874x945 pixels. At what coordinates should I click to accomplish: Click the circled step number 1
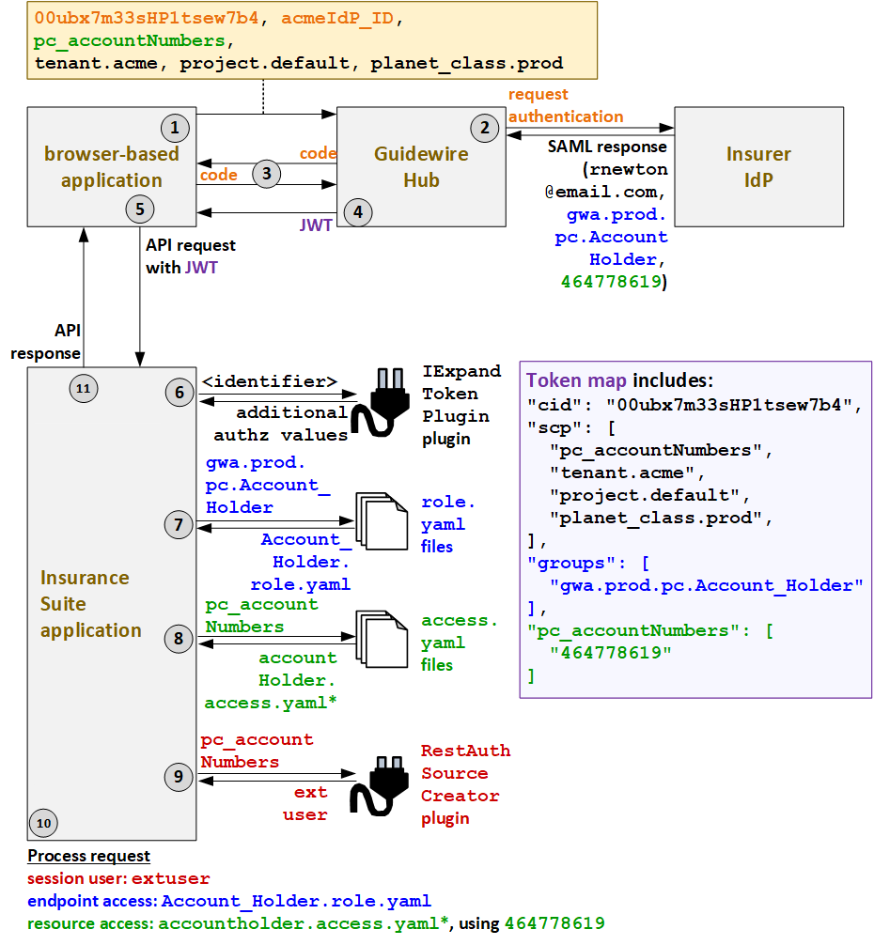[174, 127]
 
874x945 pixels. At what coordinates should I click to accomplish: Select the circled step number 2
[484, 128]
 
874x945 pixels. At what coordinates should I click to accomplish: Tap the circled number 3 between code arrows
[267, 173]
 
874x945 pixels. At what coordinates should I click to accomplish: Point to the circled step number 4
[357, 211]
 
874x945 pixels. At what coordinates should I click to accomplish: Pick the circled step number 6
[179, 392]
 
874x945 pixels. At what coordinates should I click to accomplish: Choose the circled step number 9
[179, 777]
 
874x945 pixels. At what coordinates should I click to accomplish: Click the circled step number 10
[44, 823]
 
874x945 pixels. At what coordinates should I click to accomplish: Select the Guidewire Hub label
[420, 166]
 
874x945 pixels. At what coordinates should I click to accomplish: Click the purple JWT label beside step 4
[315, 226]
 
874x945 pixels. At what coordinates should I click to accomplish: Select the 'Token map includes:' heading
[619, 380]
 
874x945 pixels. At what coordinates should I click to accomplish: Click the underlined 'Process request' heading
[88, 856]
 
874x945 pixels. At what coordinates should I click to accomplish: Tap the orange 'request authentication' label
[565, 105]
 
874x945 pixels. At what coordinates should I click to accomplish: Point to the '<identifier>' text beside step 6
[270, 381]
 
